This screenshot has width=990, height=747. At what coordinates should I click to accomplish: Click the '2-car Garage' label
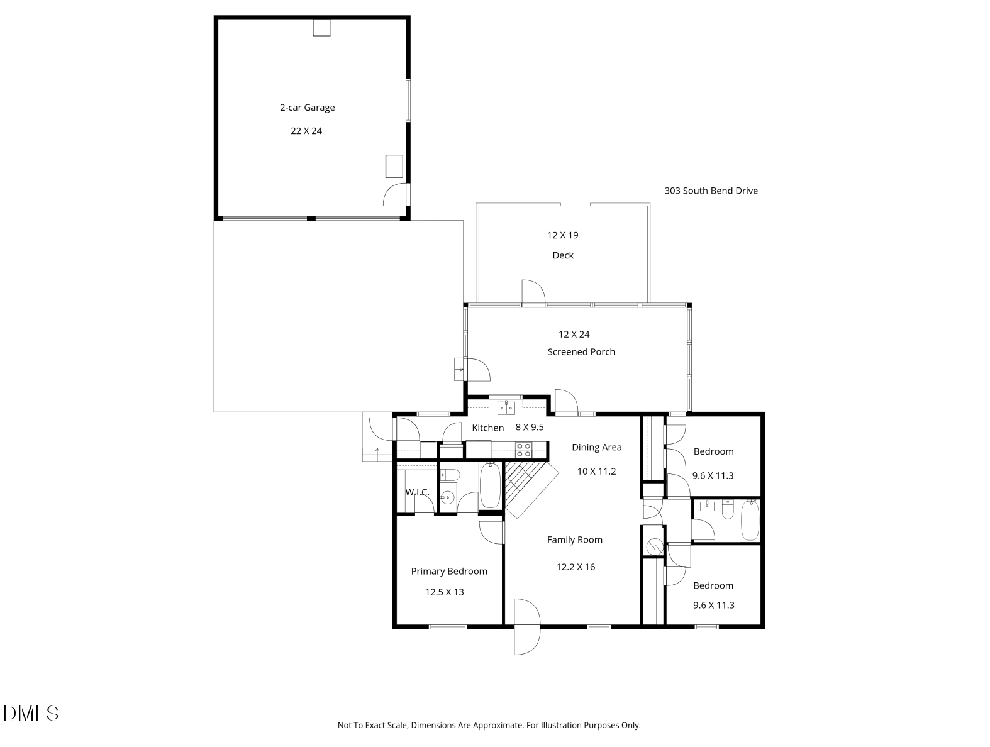tap(307, 108)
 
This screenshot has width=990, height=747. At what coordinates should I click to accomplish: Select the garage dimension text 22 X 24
tap(306, 131)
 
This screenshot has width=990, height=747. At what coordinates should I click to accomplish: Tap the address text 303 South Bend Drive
tap(711, 191)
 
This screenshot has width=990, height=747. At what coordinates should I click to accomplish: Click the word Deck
tap(563, 255)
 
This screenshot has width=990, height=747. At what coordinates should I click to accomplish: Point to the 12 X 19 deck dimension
tap(562, 235)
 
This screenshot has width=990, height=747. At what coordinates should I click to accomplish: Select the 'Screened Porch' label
tap(581, 352)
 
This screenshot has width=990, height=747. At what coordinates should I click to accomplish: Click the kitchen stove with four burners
tap(524, 450)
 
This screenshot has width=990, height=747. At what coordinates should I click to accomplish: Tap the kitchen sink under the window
tap(506, 408)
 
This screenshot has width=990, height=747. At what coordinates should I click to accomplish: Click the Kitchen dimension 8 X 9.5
tap(530, 427)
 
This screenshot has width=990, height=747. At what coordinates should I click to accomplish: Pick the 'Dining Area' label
tap(596, 447)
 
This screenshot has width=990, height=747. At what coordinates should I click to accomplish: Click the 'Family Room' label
tap(574, 539)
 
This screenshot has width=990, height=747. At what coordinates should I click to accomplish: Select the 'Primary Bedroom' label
tap(449, 571)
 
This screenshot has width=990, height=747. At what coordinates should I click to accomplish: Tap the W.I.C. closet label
tap(417, 492)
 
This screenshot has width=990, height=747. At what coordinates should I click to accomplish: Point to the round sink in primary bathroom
tap(447, 497)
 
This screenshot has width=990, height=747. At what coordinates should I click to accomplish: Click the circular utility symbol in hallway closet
tap(654, 547)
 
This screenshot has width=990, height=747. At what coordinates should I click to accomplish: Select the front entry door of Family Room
tap(526, 628)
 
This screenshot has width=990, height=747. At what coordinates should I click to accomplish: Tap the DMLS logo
tap(31, 713)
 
